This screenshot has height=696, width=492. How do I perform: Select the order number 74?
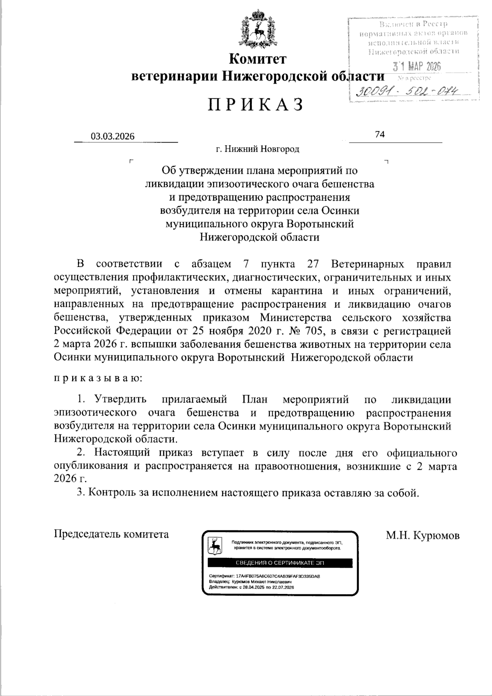click(380, 134)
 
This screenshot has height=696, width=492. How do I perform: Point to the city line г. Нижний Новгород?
click(258, 149)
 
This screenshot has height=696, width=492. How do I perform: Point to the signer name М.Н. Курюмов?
click(422, 535)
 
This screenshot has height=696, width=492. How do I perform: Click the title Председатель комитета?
click(111, 534)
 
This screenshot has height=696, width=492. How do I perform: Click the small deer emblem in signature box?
click(215, 545)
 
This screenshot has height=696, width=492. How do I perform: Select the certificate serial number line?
click(264, 576)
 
